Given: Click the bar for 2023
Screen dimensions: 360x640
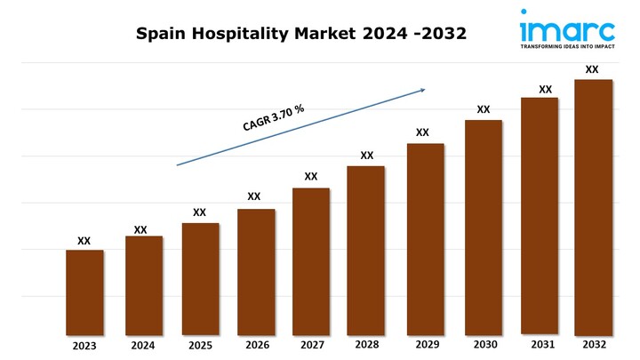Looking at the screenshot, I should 84,293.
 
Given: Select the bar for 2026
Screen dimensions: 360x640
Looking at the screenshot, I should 256,273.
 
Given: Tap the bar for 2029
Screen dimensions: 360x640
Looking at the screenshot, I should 425,240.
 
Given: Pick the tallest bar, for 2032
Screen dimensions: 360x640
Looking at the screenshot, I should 593,208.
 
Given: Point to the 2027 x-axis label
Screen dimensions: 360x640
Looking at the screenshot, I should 312,345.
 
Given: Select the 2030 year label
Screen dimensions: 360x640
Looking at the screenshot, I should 484,344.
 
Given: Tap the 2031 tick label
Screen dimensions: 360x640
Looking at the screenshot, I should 542,343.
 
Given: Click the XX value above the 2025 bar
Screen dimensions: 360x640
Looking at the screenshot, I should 200,212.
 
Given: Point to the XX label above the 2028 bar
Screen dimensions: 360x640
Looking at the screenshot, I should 366,156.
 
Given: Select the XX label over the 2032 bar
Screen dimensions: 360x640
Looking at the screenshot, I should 592,68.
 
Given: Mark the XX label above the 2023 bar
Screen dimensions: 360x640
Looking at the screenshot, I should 84,240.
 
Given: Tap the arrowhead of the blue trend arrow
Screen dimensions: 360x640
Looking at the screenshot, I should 423,89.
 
